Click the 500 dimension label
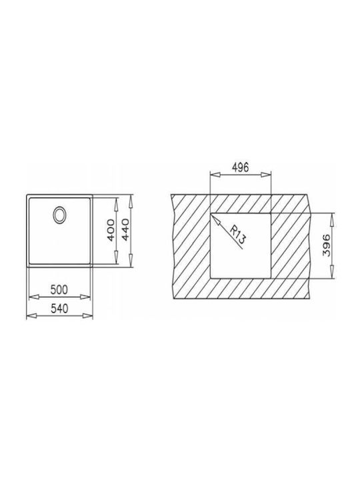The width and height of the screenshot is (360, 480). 59,289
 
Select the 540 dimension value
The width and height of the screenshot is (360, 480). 59,308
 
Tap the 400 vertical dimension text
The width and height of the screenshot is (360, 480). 112,229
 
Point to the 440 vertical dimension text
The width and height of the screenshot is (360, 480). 125,229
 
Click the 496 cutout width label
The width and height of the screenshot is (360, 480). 240,167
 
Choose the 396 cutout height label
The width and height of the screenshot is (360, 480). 327,245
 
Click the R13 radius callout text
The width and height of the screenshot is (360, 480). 238,235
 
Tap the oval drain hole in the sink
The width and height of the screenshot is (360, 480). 59,215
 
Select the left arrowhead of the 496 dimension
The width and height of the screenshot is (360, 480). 215,175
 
